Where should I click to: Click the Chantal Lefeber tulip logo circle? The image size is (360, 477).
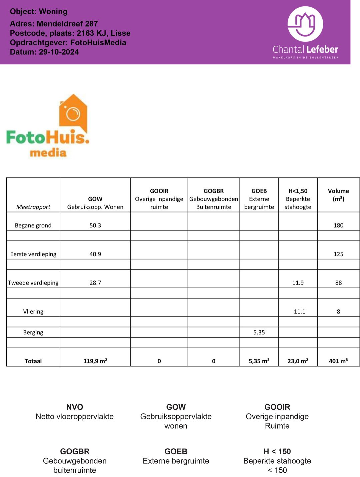[305, 24]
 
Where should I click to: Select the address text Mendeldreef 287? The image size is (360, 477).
[67, 24]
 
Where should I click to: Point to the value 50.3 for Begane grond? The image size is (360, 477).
[95, 225]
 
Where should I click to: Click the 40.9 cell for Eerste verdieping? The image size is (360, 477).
[95, 254]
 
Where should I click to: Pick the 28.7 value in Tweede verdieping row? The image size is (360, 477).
[95, 283]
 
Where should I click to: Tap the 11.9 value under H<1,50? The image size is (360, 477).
[298, 283]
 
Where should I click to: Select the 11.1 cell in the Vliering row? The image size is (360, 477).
[299, 312]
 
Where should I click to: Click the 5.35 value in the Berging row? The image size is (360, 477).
[259, 332]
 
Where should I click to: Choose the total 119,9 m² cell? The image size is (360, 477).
[95, 361]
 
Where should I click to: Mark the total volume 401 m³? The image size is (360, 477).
[338, 361]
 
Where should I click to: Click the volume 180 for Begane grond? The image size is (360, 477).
[338, 225]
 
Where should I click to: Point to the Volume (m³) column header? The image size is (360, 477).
[338, 195]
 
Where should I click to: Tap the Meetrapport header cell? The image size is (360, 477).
[33, 207]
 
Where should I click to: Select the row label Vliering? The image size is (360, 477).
[33, 312]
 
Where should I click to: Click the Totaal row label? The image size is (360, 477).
[33, 361]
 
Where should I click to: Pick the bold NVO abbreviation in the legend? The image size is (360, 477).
[75, 407]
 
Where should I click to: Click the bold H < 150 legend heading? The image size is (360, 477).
[277, 451]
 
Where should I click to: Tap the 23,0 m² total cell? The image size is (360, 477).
[298, 361]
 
